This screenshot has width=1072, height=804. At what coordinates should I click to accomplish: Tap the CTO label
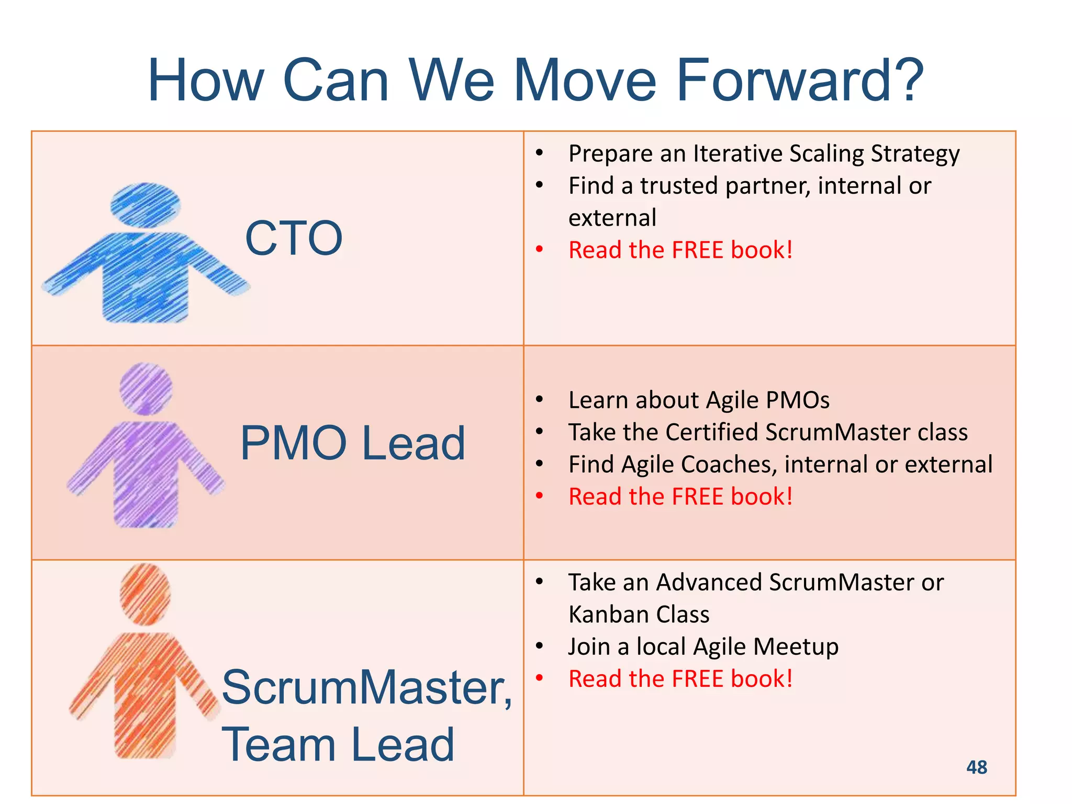tap(294, 239)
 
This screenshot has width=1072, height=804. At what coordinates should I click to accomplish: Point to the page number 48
tap(976, 767)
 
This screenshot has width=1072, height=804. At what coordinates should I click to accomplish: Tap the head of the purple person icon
tap(146, 388)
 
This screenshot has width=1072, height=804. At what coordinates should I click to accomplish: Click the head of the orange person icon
tap(145, 594)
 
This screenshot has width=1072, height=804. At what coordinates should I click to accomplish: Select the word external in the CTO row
tap(612, 218)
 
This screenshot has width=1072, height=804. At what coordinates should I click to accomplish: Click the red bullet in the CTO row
tap(539, 250)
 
